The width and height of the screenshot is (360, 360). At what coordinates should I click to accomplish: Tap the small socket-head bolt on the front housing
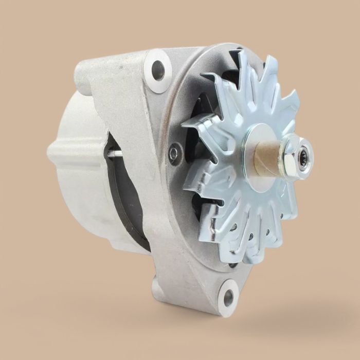click(175, 153)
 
